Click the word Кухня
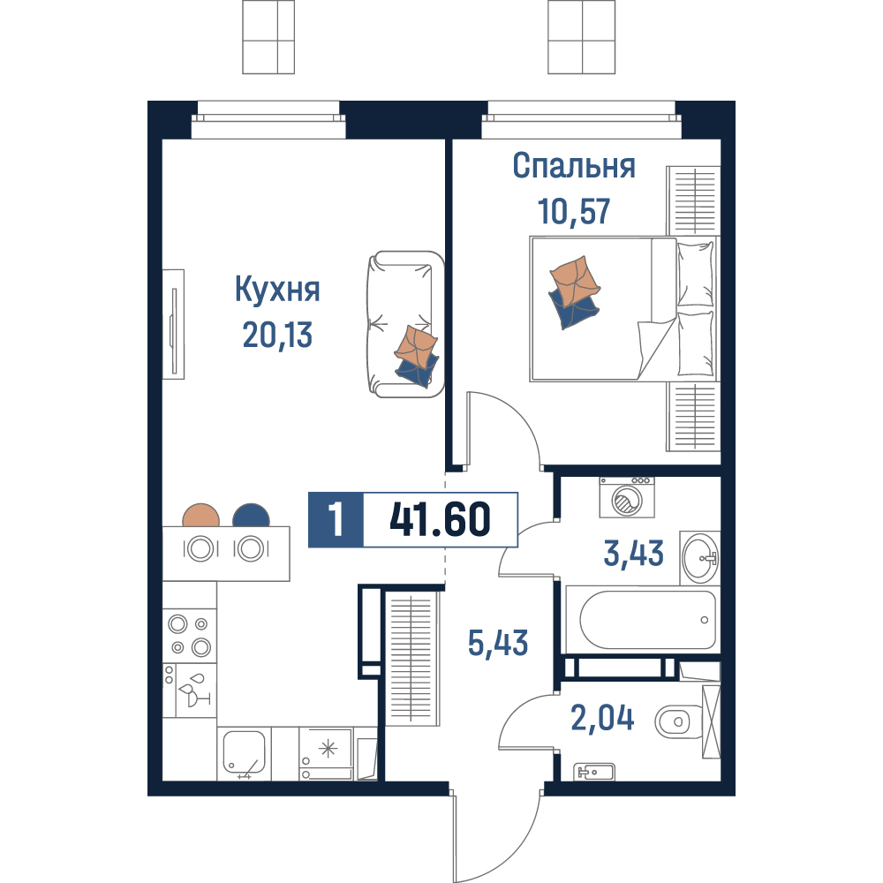pos(277,290)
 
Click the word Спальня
pos(574,166)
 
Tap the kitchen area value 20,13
pos(277,335)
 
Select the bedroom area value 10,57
pos(574,211)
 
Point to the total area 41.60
pos(440,519)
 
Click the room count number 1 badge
pos(336,519)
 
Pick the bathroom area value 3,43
pos(633,553)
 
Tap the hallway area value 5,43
pos(498,643)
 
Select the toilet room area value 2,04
pos(602,718)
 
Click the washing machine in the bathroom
pos(627,497)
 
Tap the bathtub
pos(643,620)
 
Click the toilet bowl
pos(679,721)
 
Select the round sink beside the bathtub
pos(700,558)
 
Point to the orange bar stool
pos(201,515)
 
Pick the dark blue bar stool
pos(251,515)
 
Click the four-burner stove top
pos(189,635)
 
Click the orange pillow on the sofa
pos(416,345)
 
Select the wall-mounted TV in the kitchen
pos(173,324)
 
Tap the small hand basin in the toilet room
pos(594,772)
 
